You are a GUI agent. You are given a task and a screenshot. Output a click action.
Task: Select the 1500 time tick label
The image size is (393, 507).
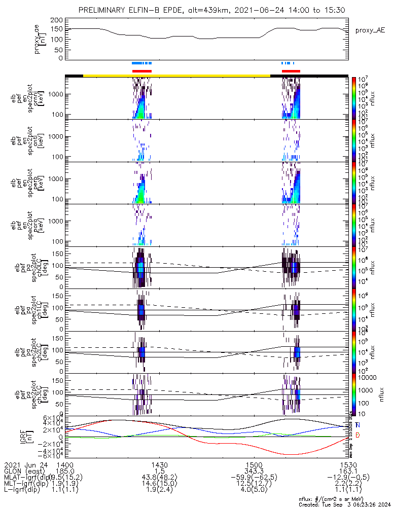pyautogui.click(x=254, y=464)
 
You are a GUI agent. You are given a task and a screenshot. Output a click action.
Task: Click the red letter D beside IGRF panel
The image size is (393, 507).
pyautogui.click(x=358, y=435)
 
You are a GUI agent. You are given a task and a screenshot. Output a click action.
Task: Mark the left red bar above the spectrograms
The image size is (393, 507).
pyautogui.click(x=142, y=71)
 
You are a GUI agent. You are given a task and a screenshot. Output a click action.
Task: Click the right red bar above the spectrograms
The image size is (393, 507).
pyautogui.click(x=291, y=71)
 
